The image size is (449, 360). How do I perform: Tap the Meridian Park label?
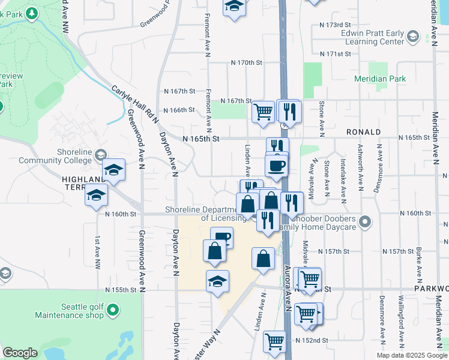click(379, 79)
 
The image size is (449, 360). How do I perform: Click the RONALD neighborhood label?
click(363, 131)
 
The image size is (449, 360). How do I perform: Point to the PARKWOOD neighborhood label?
click(431, 289)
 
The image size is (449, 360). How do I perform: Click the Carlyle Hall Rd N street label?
click(134, 104)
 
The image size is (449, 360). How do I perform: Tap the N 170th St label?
click(247, 62)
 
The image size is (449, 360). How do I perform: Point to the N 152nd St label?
click(312, 340)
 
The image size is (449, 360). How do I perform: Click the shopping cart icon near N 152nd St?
click(275, 341)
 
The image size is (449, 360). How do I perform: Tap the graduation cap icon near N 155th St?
click(217, 281)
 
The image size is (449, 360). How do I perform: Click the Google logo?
click(20, 353)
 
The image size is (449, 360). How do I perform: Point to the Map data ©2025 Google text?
click(411, 355)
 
